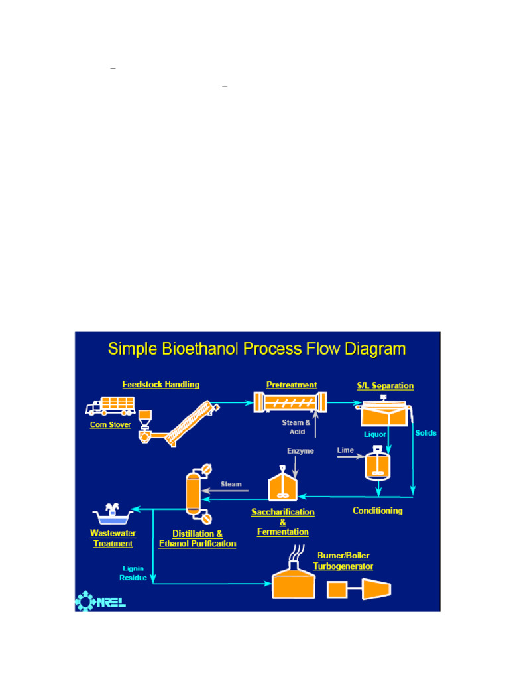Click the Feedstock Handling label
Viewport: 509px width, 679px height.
160,385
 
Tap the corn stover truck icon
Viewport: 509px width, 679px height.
111,406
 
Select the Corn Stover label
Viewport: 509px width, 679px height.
111,425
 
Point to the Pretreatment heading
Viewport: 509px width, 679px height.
292,385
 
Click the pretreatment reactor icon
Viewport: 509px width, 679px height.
290,402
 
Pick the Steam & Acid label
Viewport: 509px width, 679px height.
296,427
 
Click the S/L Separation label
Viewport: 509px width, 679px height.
385,385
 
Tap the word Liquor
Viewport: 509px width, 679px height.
375,434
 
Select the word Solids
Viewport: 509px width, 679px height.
426,433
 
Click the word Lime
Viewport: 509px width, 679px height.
345,450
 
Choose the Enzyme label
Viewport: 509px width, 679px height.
300,451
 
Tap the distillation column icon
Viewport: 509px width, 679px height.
198,494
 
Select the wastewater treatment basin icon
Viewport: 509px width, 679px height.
113,514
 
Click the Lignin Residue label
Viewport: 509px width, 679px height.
133,573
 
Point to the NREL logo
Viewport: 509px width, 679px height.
101,601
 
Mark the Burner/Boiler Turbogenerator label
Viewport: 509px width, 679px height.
343,561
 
